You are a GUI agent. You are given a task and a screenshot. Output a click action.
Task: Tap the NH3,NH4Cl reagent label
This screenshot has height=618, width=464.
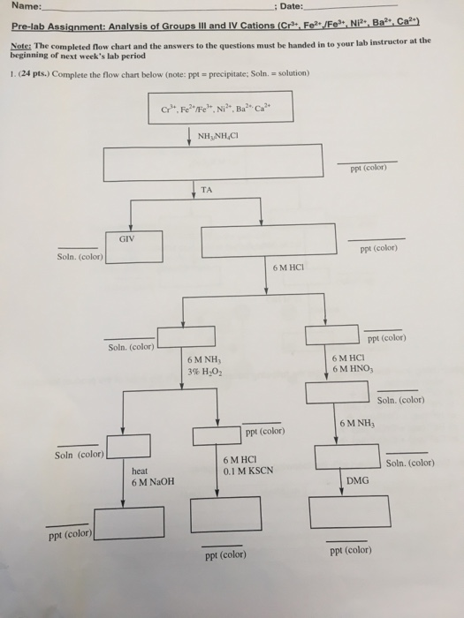pyautogui.click(x=218, y=135)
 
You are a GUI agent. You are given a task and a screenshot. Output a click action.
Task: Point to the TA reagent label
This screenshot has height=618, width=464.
pyautogui.click(x=206, y=188)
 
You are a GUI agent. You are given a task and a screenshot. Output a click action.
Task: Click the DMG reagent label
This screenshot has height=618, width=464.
pyautogui.click(x=357, y=481)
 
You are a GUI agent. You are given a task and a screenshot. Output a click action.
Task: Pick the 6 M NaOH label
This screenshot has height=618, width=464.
pyautogui.click(x=152, y=482)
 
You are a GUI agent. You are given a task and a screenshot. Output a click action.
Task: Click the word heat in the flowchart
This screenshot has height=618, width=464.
pyautogui.click(x=139, y=471)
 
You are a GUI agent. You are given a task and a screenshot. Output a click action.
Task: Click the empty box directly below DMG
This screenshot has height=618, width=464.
pyautogui.click(x=349, y=511)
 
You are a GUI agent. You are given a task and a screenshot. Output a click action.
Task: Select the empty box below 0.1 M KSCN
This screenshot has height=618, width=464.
pyautogui.click(x=225, y=513)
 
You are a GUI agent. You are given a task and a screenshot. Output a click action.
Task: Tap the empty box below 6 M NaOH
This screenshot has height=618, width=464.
pyautogui.click(x=130, y=522)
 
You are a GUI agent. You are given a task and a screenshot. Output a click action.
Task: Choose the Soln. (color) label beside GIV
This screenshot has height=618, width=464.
pyautogui.click(x=79, y=257)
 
